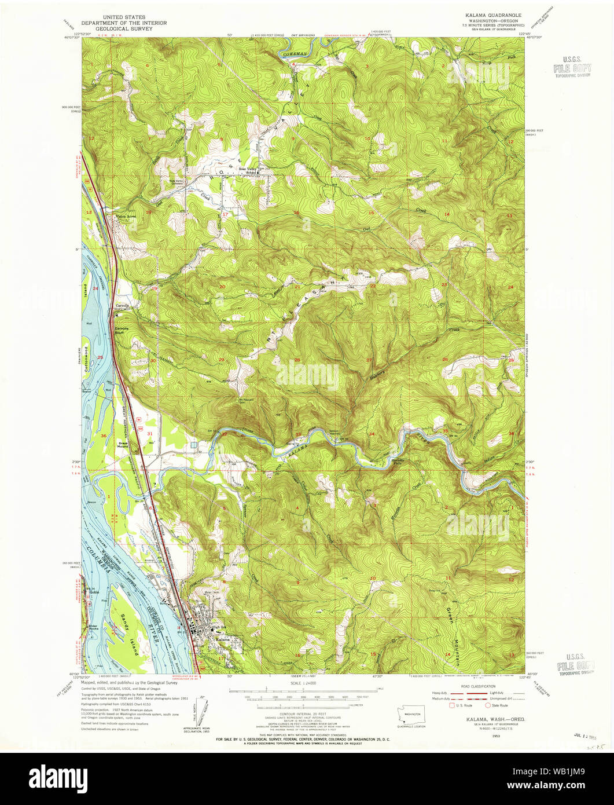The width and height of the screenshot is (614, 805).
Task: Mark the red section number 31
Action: tap(150, 433)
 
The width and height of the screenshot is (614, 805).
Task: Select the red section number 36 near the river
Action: tap(104, 436)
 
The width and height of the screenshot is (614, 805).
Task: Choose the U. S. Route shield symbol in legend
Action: tap(453, 705)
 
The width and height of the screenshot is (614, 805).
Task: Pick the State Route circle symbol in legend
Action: tap(488, 705)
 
